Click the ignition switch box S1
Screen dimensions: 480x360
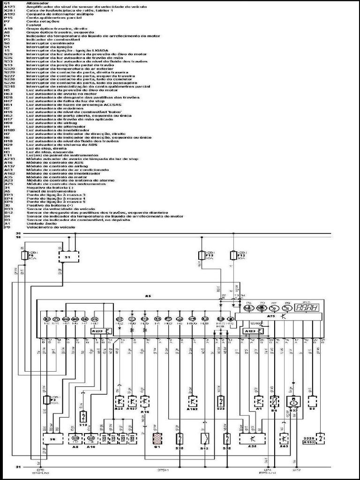click(x=68, y=257)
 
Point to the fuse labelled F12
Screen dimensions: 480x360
click(x=233, y=255)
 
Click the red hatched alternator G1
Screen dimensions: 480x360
click(x=157, y=439)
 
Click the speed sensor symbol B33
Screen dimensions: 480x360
click(x=294, y=402)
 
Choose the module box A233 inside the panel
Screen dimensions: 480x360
click(x=100, y=331)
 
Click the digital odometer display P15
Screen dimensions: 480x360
click(x=308, y=308)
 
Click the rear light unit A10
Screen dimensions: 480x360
click(x=91, y=439)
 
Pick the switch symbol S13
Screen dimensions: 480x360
click(x=83, y=417)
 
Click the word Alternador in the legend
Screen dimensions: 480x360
click(x=35, y=3)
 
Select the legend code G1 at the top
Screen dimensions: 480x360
click(x=7, y=3)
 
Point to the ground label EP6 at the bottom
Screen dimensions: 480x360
click(x=38, y=470)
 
